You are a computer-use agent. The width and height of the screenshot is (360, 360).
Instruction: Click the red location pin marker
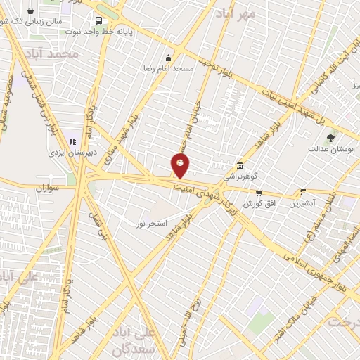180,165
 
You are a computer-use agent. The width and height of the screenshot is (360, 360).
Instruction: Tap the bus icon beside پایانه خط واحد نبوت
98,20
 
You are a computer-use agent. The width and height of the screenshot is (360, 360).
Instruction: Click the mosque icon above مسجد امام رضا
167,58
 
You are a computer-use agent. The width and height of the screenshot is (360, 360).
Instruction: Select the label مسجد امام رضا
168,69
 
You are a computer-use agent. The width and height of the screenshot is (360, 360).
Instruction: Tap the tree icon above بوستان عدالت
330,136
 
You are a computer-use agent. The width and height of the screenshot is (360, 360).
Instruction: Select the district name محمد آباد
52,54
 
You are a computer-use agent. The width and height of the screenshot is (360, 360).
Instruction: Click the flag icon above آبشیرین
303,191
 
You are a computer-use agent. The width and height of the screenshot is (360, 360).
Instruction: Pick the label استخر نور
151,223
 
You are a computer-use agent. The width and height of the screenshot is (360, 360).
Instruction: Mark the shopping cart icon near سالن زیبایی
31,12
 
